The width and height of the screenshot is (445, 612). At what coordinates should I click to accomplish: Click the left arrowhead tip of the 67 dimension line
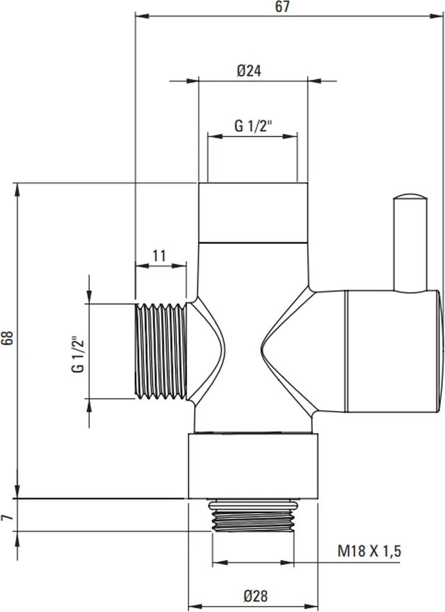click(135, 16)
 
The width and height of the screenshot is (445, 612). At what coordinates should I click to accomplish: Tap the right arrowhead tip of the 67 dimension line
click(444, 16)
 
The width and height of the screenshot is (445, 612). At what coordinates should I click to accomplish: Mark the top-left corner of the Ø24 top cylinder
click(199, 183)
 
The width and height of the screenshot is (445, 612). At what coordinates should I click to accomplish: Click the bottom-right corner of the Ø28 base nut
click(318, 498)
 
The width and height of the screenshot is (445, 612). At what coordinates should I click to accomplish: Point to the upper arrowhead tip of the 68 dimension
click(18, 183)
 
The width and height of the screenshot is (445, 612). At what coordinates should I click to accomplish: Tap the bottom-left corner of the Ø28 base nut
click(188, 498)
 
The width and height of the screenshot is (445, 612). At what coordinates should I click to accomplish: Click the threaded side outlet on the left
click(161, 351)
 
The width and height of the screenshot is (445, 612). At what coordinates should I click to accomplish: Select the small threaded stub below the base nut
click(252, 516)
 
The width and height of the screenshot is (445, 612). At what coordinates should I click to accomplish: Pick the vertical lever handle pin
click(410, 242)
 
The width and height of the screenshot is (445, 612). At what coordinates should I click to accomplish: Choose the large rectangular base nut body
click(253, 465)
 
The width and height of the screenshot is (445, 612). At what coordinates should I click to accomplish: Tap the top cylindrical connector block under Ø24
click(253, 213)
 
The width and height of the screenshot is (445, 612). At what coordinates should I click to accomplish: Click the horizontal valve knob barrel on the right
click(393, 351)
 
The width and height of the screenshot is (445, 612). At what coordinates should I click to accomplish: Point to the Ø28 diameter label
click(256, 596)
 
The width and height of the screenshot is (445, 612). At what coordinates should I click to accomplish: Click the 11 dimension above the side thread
click(159, 256)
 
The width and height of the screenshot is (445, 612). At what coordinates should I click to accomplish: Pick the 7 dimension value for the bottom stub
click(7, 517)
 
